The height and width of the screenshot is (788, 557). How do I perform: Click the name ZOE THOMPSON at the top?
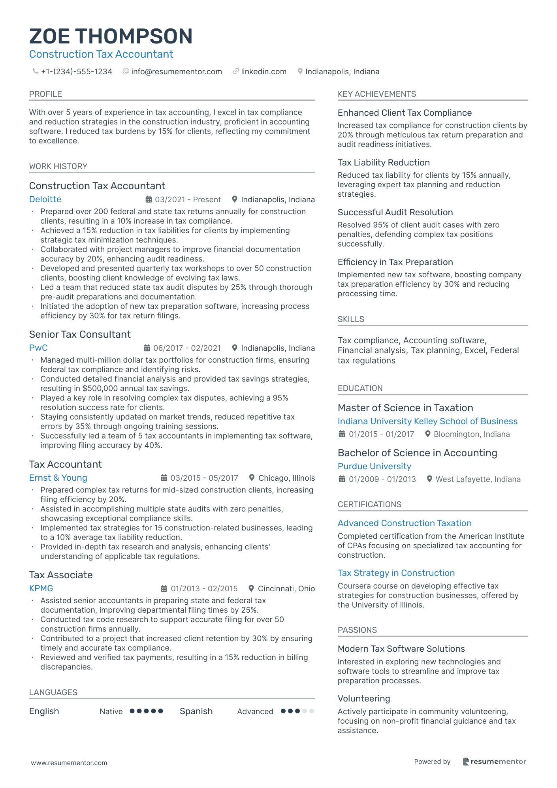pos(111,36)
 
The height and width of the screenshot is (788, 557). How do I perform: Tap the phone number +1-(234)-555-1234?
pos(76,71)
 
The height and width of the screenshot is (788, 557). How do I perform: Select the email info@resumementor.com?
pos(176,71)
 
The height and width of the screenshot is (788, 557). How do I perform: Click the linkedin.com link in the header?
pos(263,71)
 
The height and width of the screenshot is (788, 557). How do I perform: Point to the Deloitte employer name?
pos(45,199)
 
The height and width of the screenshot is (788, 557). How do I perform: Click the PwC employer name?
pos(38,348)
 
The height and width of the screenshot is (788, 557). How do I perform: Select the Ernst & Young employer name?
pos(58,478)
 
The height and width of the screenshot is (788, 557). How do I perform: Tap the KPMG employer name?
pos(41,589)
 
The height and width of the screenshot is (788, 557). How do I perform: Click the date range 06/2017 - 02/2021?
pos(187,348)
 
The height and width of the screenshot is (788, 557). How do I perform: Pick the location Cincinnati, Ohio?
pos(286,589)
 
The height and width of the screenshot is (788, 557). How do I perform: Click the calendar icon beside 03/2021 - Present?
pos(149,199)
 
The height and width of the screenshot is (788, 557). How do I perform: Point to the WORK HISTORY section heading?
pos(58,166)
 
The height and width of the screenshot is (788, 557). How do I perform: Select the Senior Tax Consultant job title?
pos(80,335)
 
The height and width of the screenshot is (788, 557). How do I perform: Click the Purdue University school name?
pos(374,466)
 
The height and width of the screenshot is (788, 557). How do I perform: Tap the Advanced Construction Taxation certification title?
pos(405,523)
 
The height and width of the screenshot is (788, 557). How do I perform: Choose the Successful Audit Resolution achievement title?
pos(395,213)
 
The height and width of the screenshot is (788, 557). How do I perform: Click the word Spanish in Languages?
pos(196,711)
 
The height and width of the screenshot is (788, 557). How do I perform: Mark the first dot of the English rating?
pos(132,711)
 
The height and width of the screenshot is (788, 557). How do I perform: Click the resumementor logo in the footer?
pos(494,762)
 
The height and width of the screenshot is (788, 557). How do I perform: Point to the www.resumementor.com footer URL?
pos(69,763)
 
